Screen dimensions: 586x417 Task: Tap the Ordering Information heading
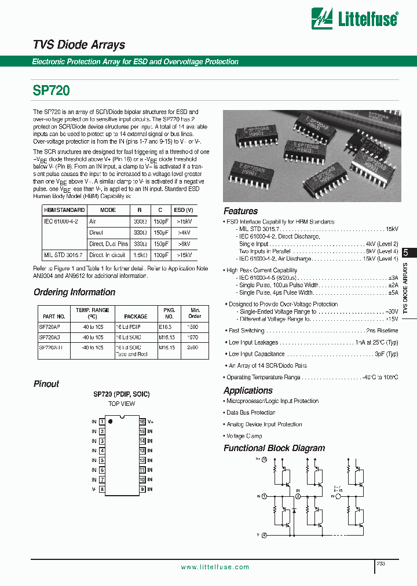pos(74,292)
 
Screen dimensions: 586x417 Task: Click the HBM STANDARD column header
pos(64,210)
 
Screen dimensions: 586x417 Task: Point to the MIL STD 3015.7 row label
pos(63,255)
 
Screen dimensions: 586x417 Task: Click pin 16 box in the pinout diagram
pos(141,422)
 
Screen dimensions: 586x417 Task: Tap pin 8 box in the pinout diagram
pos(102,489)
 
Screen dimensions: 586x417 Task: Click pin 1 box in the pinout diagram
pos(102,422)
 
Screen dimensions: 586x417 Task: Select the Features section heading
pos(240,211)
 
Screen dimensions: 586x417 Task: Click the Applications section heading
pos(248,390)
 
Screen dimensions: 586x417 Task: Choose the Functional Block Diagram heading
pos(274,448)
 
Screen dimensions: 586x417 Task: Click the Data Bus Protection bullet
pos(251,412)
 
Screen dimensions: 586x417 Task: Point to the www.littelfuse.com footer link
pos(215,567)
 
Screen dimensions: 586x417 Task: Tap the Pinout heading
pos(46,384)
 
